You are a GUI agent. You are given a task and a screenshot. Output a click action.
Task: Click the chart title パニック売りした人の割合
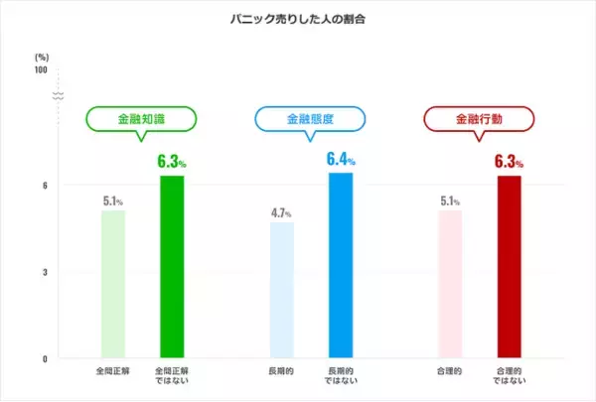pyautogui.click(x=298, y=19)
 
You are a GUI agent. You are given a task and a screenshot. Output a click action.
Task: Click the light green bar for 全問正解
pyautogui.click(x=113, y=284)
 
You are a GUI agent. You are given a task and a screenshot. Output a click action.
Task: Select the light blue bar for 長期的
pyautogui.click(x=282, y=290)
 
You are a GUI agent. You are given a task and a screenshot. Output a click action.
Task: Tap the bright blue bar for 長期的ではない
pyautogui.click(x=341, y=265)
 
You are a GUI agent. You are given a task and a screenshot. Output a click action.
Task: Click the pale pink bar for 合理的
pyautogui.click(x=450, y=284)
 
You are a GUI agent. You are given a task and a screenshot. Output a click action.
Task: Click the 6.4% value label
pyautogui.click(x=341, y=159)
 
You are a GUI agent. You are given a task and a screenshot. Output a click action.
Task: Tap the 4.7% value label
pyautogui.click(x=282, y=212)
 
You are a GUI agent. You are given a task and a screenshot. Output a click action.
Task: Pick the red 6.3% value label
pyautogui.click(x=509, y=161)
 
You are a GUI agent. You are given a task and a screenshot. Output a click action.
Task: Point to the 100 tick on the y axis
pyautogui.click(x=40, y=69)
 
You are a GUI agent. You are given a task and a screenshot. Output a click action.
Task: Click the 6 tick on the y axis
pyautogui.click(x=45, y=185)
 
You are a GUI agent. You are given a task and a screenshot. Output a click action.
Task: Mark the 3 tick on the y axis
pyautogui.click(x=45, y=272)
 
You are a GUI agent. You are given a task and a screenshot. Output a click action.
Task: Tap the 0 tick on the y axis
pyautogui.click(x=45, y=358)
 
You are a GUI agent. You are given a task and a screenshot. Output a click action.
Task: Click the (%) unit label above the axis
pyautogui.click(x=41, y=57)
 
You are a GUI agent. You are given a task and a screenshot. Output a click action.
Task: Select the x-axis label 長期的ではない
pyautogui.click(x=341, y=378)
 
